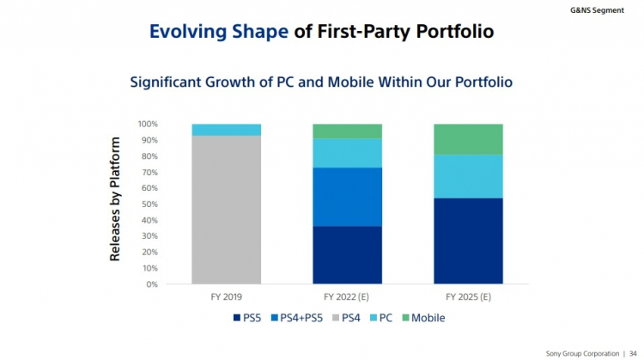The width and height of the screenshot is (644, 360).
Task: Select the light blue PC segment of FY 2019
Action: [x=227, y=130]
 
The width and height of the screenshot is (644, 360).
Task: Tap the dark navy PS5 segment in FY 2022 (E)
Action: [x=347, y=254]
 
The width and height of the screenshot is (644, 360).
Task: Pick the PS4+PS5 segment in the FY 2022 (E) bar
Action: [x=347, y=197]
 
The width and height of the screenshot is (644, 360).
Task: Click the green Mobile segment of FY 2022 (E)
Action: [x=347, y=131]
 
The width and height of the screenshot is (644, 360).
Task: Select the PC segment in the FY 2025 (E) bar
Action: [x=468, y=176]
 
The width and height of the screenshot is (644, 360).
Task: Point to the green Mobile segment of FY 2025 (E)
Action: [x=468, y=139]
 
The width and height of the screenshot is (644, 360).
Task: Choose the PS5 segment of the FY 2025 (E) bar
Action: [x=468, y=241]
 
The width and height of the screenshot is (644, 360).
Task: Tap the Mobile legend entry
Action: [x=422, y=318]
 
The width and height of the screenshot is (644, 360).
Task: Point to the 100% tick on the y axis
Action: [x=147, y=124]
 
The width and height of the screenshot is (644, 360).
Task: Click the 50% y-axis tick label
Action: [x=149, y=204]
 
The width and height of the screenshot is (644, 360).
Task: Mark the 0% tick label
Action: [x=152, y=284]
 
